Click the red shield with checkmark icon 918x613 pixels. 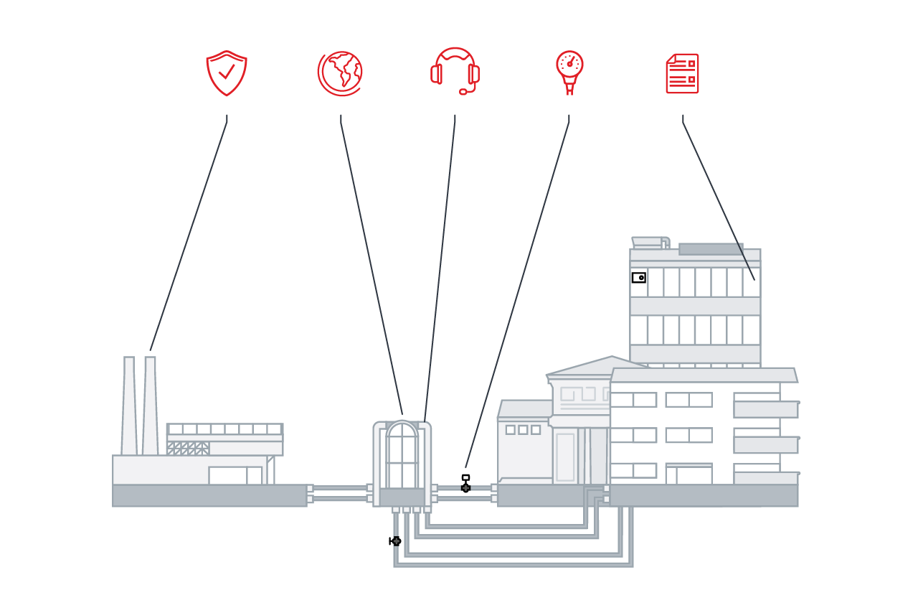tap(227, 73)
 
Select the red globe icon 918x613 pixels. tap(340, 73)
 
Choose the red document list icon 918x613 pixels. tap(682, 73)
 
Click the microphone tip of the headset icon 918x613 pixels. tap(463, 92)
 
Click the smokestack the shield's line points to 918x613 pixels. tap(150, 406)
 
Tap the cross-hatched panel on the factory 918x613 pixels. tap(188, 449)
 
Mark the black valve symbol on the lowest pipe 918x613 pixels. tap(395, 541)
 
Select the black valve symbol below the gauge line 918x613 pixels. tap(465, 487)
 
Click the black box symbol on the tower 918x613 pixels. tap(638, 278)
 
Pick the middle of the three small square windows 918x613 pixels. tap(523, 430)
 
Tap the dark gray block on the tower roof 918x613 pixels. tap(711, 249)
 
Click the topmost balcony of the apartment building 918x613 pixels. tap(765, 409)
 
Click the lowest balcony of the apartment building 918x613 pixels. tap(765, 478)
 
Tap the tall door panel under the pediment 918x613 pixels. tap(565, 457)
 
